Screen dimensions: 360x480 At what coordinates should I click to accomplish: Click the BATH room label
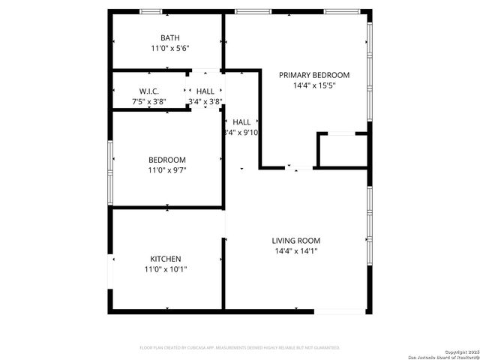pos(169,38)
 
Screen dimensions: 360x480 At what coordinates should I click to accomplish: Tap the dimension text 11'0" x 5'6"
pos(169,49)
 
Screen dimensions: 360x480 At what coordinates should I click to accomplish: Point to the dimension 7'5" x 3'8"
pos(148,101)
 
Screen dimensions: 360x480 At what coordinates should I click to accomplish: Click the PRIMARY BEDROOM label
pos(314,75)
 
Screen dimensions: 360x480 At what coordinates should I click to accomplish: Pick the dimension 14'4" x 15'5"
pos(314,85)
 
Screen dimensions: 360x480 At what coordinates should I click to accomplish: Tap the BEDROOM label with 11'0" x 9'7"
pos(166,160)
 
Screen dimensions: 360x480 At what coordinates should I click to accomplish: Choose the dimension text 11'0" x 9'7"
pos(166,170)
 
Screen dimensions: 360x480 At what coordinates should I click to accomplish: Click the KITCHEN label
pos(165,259)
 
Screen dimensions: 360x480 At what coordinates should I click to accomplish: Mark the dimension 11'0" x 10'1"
pos(165,269)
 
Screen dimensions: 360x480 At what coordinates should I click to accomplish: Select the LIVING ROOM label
pos(295,241)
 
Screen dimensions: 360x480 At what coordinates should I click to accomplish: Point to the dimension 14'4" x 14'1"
pos(295,251)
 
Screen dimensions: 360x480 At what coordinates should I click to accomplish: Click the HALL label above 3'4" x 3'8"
pos(205,91)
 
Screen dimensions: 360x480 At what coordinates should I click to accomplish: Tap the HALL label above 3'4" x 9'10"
pos(241,121)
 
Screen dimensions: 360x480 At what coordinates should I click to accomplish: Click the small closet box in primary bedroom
pos(341,151)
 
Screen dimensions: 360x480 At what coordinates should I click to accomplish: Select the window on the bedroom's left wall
pos(111,172)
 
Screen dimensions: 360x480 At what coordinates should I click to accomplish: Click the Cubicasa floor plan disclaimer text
pos(240,348)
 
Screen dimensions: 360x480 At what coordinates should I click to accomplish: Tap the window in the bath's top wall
pos(151,11)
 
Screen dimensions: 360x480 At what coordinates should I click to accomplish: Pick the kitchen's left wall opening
pos(111,269)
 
